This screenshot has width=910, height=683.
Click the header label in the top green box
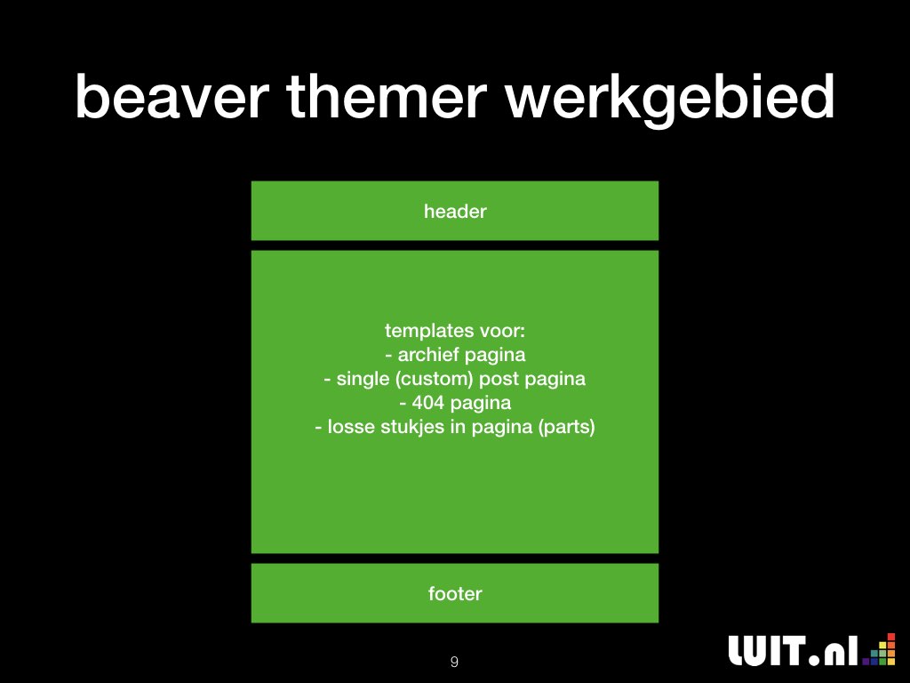click(x=455, y=212)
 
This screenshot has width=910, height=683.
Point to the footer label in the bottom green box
click(x=455, y=593)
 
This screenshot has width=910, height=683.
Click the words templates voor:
click(x=455, y=331)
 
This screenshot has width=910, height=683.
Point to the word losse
click(x=351, y=427)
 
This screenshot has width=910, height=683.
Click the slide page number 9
click(x=454, y=662)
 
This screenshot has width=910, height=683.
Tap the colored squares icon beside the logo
click(x=879, y=649)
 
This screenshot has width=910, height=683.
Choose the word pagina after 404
click(x=481, y=404)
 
